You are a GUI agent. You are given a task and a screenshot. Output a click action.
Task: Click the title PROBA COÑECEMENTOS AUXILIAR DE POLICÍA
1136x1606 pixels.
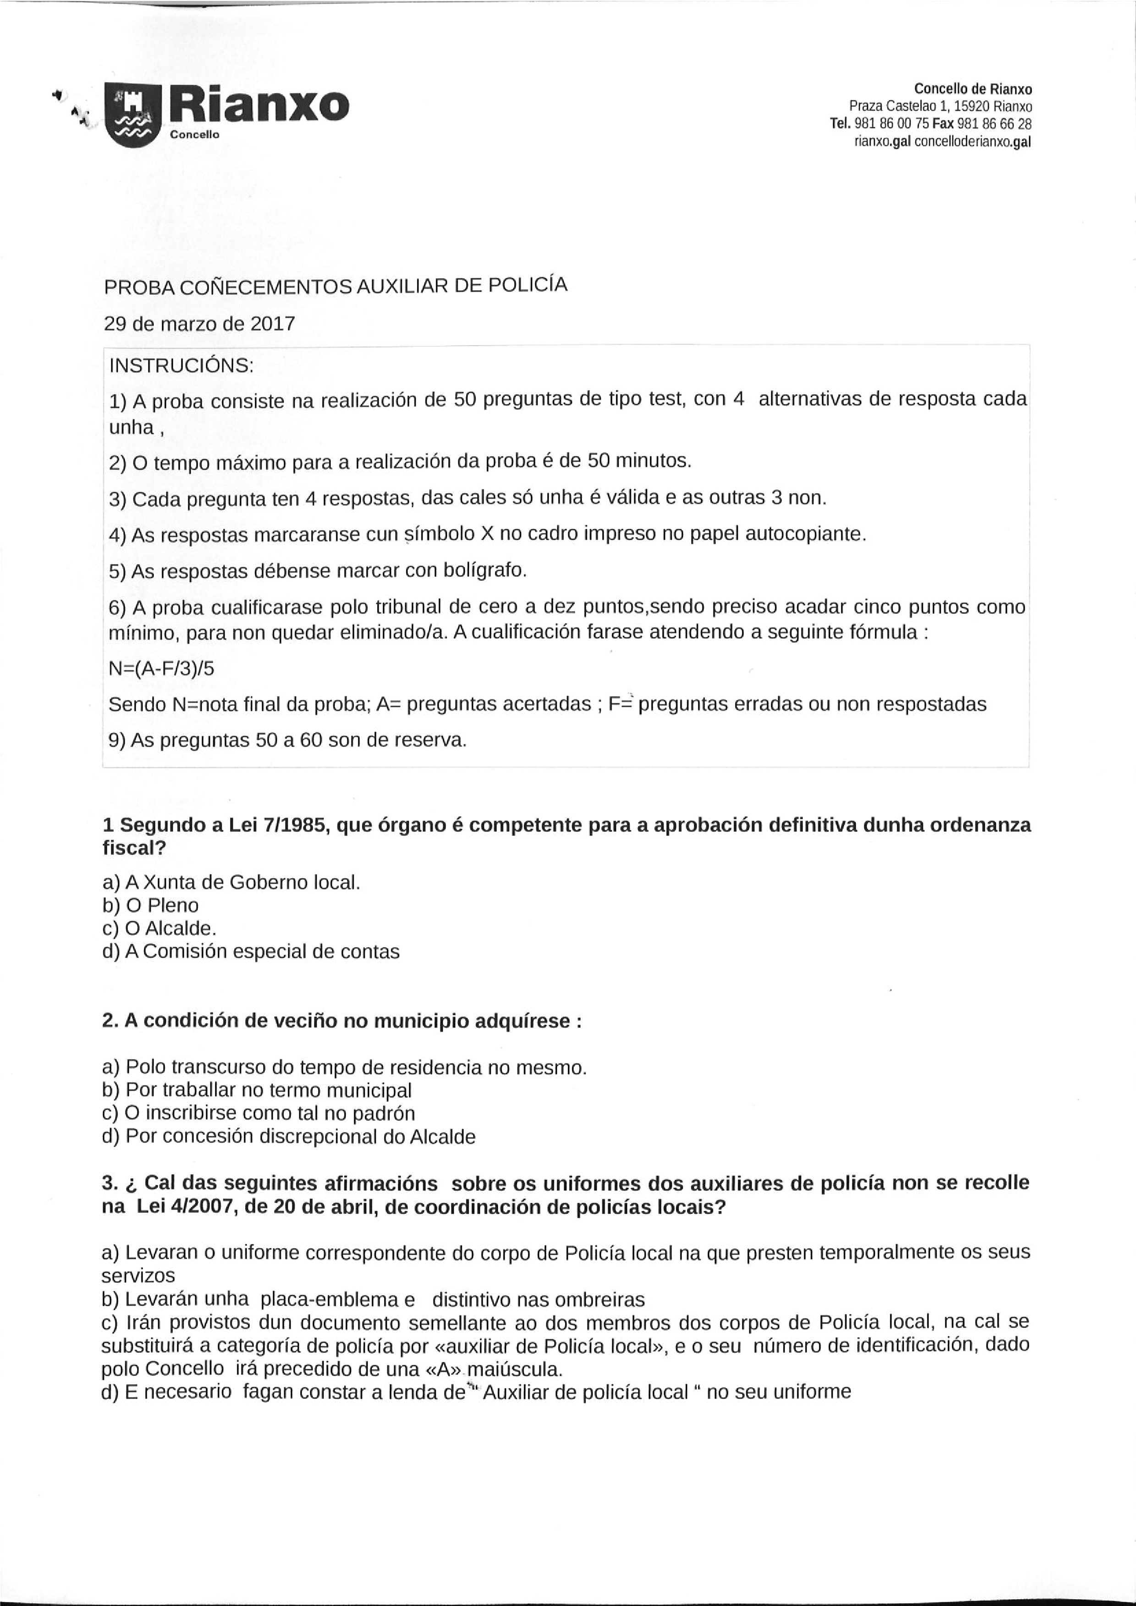335,286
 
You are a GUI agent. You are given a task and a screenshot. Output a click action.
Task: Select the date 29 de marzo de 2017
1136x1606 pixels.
199,324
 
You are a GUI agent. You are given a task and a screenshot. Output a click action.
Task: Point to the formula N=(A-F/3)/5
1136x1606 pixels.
162,668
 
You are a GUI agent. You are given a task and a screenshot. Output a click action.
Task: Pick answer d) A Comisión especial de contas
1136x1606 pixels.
251,951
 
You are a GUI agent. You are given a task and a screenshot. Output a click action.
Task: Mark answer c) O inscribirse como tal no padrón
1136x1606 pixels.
258,1113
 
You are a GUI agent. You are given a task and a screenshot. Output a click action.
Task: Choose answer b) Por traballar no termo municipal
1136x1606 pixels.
256,1090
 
